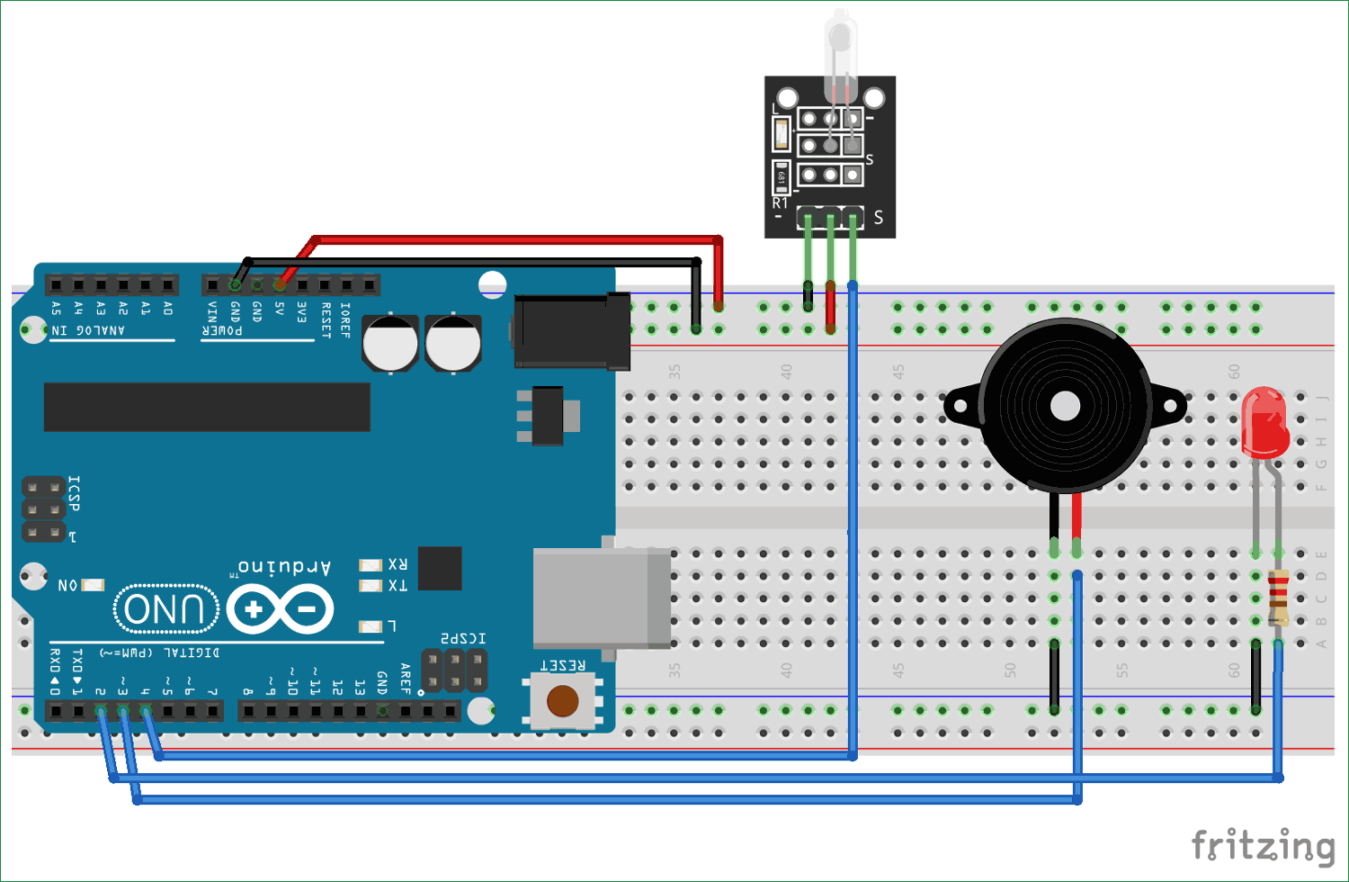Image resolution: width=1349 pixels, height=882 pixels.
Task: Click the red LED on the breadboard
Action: tap(1264, 421)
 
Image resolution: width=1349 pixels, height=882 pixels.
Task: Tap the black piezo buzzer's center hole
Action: tap(1065, 406)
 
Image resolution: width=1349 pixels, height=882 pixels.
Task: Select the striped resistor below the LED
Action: tap(1278, 597)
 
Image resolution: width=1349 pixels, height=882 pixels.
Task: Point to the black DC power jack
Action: tap(571, 331)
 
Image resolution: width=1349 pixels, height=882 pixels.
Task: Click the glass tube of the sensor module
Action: tap(840, 54)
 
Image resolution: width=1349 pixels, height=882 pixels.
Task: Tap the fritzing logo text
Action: tap(1263, 846)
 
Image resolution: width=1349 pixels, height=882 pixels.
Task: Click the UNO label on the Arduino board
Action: tap(166, 609)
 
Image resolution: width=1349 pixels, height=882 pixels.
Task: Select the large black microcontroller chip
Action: tap(207, 407)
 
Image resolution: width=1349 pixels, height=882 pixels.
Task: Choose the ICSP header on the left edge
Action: tap(43, 509)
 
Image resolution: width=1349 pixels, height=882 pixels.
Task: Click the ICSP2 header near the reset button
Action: tap(455, 670)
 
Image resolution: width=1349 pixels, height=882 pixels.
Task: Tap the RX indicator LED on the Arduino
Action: tap(371, 565)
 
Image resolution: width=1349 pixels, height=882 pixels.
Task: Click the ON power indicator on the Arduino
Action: tap(93, 585)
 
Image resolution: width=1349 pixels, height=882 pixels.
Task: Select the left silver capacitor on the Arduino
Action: tap(389, 343)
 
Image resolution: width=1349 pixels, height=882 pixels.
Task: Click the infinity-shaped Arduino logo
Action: tap(281, 609)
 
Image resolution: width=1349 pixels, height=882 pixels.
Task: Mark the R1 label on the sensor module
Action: tap(780, 203)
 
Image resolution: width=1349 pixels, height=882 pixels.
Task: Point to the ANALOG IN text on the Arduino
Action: tap(88, 330)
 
